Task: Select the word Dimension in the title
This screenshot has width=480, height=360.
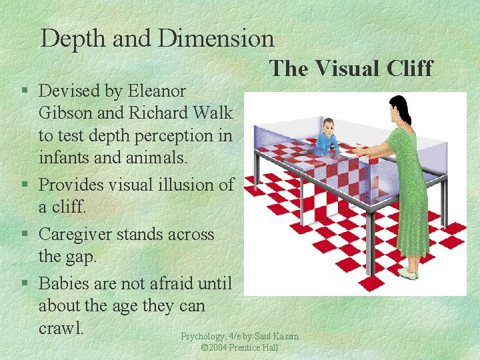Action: click(x=216, y=38)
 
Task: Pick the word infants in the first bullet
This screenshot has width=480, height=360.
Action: click(x=69, y=159)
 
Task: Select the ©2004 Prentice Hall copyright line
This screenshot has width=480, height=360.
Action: click(x=239, y=348)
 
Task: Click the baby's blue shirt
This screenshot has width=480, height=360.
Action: click(x=326, y=143)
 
